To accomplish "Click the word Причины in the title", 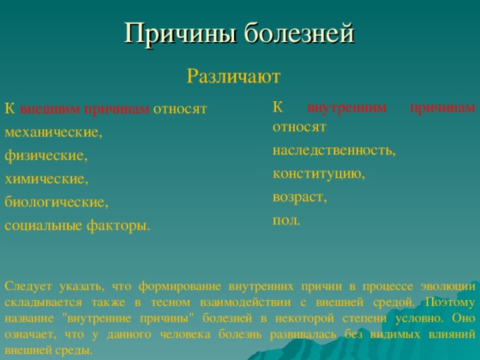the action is point(180,33).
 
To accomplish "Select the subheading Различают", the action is point(233,76).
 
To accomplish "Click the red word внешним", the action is point(50,109).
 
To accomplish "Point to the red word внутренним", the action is point(346,108).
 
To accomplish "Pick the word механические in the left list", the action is point(53,132).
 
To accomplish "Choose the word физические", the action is point(46,155).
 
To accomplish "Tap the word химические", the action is point(46,178).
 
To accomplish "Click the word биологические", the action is point(57,202).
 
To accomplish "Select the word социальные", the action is point(43,226).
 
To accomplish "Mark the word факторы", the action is point(118,226).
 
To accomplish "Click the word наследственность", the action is point(334,150).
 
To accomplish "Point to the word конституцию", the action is point(319,174).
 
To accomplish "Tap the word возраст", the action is point(300,197).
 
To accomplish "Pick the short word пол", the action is point(286,220).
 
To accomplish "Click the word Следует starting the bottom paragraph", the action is point(28,286).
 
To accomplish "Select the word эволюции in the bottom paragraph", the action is point(448,286).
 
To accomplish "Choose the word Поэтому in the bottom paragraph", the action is point(450,302).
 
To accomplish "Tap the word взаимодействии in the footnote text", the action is point(245,302).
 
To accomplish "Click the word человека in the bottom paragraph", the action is point(185,334).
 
